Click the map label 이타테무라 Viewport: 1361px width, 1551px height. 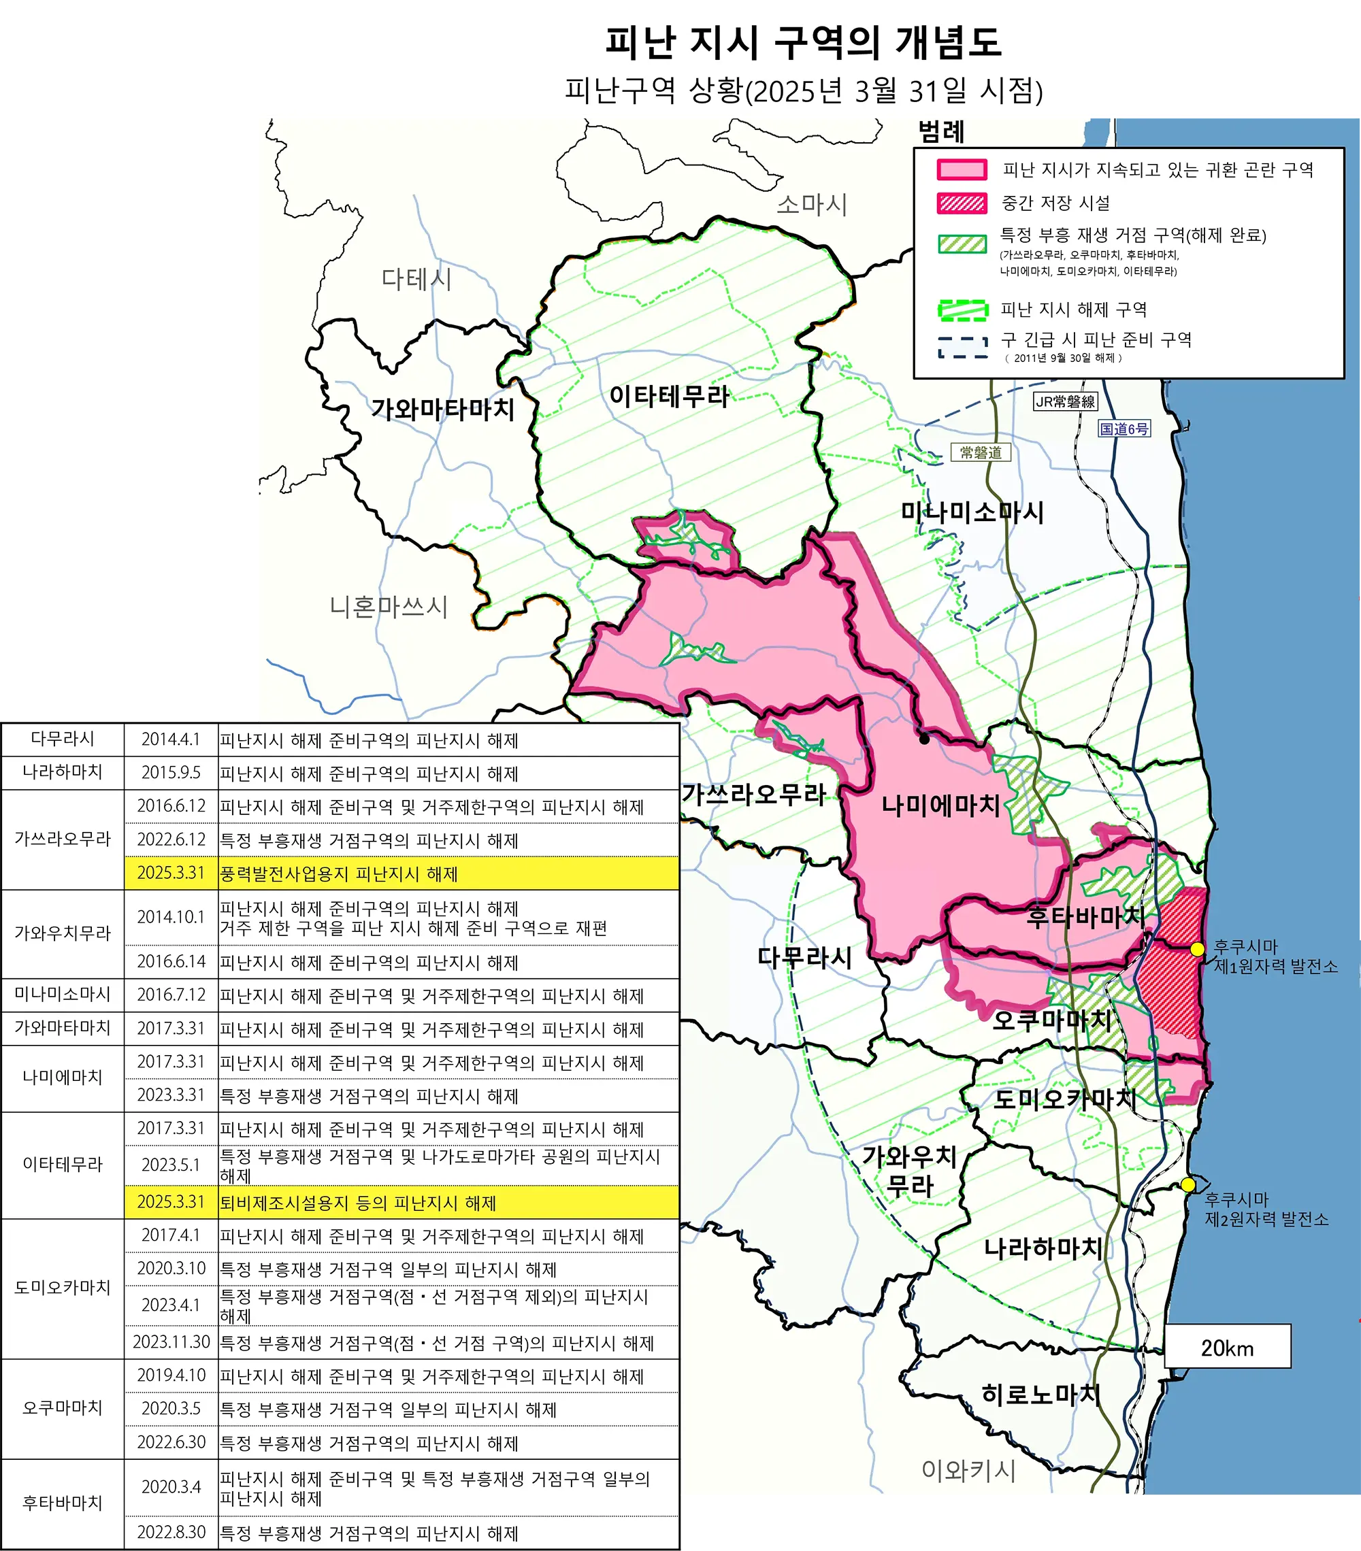point(669,396)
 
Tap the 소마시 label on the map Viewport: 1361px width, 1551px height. point(811,204)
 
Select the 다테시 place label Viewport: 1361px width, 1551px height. point(416,279)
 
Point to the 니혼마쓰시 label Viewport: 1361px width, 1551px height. point(388,606)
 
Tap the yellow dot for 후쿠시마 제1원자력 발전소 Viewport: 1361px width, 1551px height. point(1197,949)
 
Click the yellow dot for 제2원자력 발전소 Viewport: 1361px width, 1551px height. point(1188,1184)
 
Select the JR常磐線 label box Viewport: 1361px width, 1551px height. point(1066,401)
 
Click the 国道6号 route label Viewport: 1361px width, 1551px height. point(1124,429)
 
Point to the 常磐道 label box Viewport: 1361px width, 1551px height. point(981,452)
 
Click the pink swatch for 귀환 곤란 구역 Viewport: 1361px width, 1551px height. point(962,169)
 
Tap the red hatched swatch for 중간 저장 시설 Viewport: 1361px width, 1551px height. point(962,203)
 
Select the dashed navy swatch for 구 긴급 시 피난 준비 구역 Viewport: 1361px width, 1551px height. point(962,347)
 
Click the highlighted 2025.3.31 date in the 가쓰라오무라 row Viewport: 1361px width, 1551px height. point(171,873)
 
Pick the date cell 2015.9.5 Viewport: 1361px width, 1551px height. point(171,773)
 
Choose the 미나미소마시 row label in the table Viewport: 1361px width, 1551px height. point(62,994)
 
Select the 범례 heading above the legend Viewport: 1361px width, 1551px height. point(941,132)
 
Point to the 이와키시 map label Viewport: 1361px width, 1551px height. point(968,1470)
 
